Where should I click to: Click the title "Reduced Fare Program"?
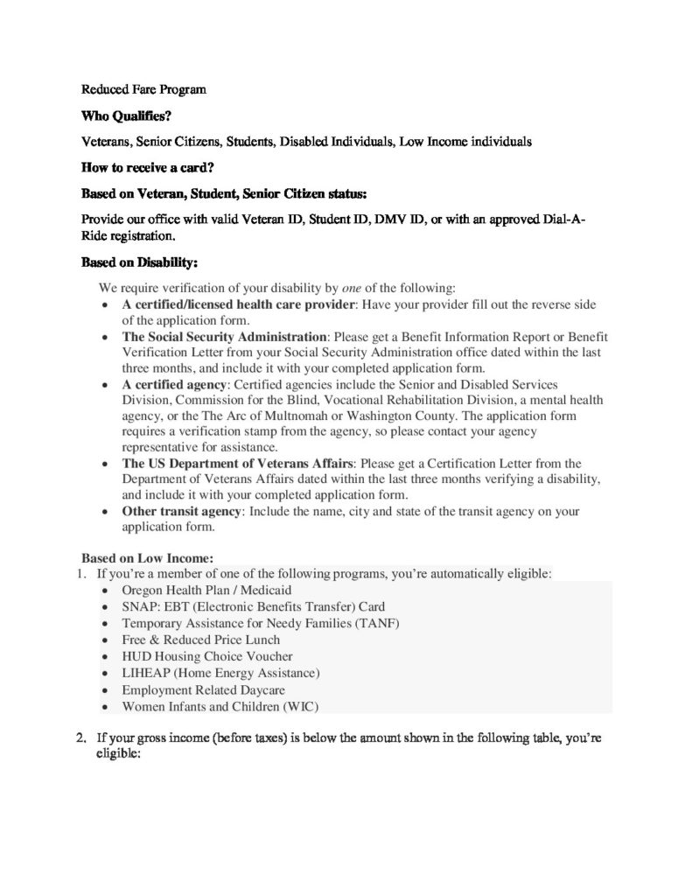click(x=143, y=90)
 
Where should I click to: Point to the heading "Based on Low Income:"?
click(x=148, y=557)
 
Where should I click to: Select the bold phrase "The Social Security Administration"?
click(x=224, y=337)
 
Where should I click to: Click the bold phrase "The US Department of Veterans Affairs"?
click(x=234, y=463)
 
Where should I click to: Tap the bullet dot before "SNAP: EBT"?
click(x=106, y=607)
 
